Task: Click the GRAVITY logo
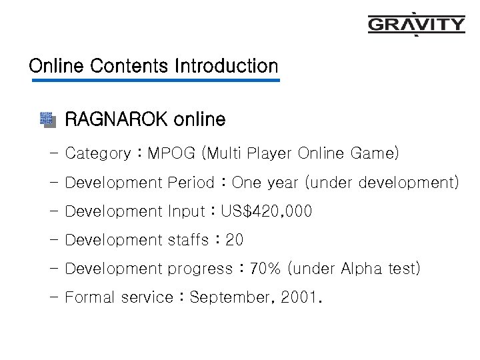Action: (417, 25)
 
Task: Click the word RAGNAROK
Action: (116, 120)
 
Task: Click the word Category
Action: (98, 154)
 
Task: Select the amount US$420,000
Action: (267, 211)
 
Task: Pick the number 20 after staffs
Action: (235, 240)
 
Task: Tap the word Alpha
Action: (363, 269)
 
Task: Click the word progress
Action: (199, 269)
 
